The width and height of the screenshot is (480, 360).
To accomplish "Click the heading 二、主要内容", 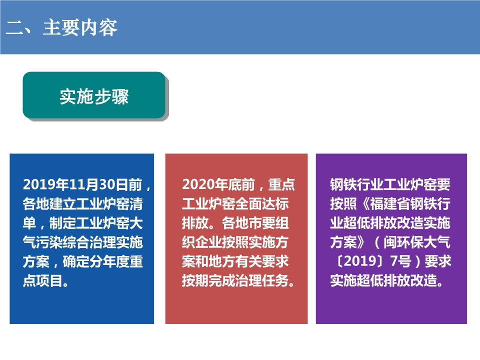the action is [x=61, y=28].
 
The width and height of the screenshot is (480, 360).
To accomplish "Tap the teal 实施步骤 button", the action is [x=94, y=95].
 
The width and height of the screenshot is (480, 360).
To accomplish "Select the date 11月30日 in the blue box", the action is [x=99, y=184].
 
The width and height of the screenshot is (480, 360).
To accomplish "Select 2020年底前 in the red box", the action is [x=218, y=184].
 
